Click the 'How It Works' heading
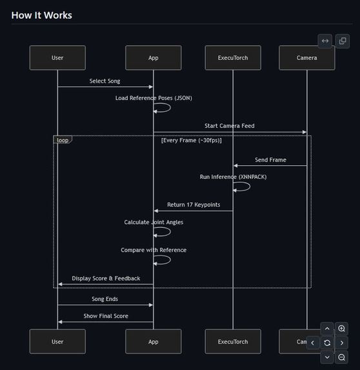click(x=42, y=15)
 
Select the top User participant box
click(x=57, y=57)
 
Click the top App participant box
click(x=153, y=57)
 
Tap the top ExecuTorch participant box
click(x=233, y=57)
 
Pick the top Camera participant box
click(x=306, y=57)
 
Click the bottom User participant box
click(x=57, y=342)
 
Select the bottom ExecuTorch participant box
click(x=233, y=342)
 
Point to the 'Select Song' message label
click(x=105, y=81)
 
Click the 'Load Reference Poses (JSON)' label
click(x=154, y=98)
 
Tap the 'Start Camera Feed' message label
click(x=230, y=126)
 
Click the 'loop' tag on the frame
click(x=63, y=139)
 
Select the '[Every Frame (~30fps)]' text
click(x=191, y=140)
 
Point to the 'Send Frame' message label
click(x=270, y=159)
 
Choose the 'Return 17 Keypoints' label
click(x=194, y=205)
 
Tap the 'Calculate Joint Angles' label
click(x=154, y=222)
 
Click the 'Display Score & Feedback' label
click(x=106, y=278)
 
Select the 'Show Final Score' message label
click(x=106, y=316)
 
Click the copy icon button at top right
click(x=342, y=41)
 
